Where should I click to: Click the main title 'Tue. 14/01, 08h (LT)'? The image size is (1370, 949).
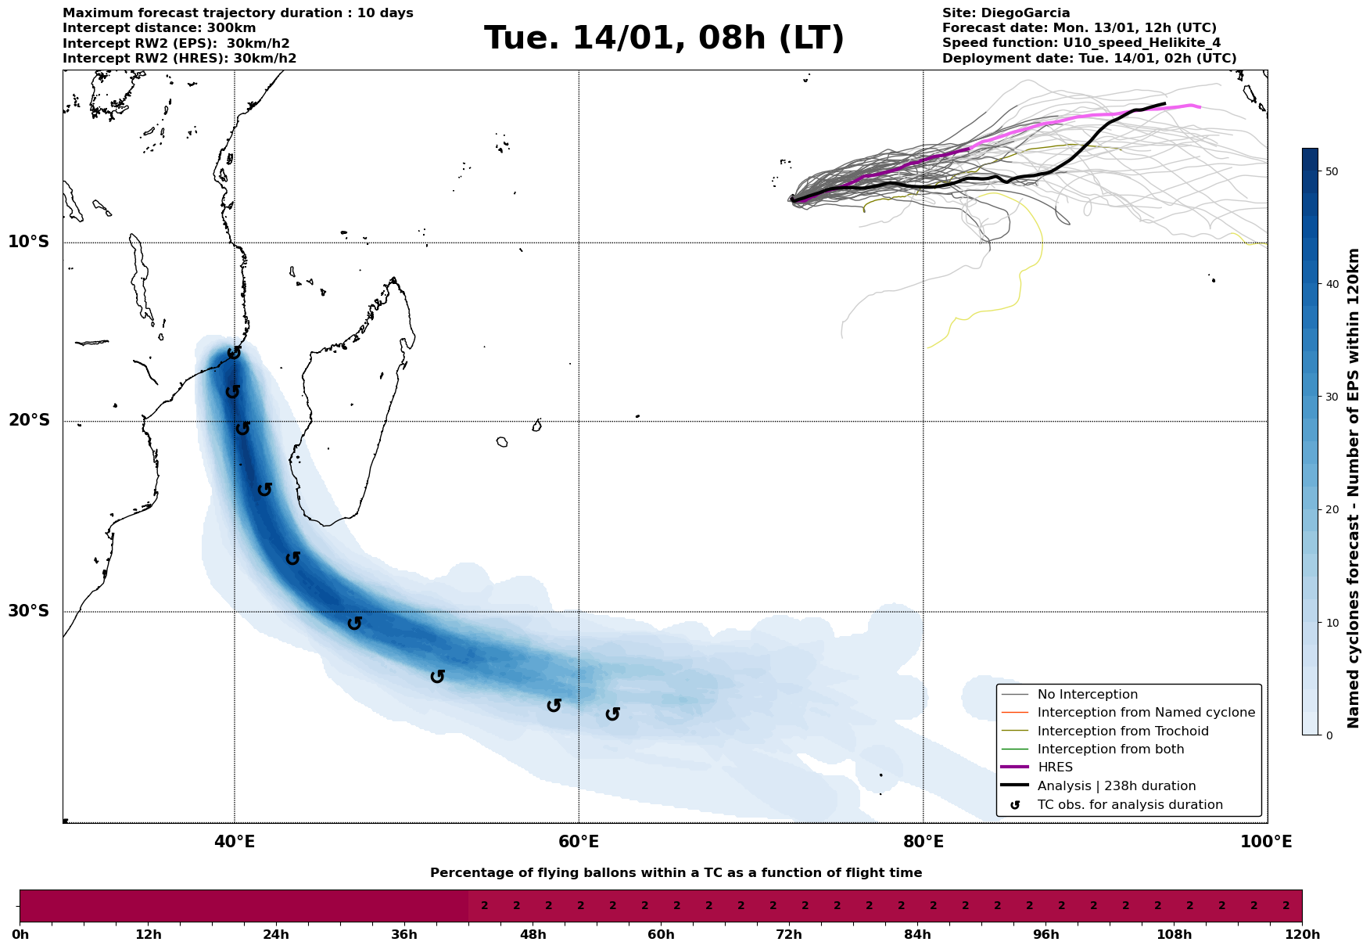coord(664,38)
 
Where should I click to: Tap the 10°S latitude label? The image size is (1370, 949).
coord(29,242)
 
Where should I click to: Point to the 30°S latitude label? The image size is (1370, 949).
coord(29,611)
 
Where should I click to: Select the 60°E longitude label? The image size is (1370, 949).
coord(579,842)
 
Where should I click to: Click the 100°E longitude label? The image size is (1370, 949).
coord(1267,842)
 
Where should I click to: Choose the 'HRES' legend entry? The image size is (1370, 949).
coord(1055,767)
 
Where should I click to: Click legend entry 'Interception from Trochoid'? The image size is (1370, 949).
coord(1123,732)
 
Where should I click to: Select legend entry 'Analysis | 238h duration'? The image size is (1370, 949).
coord(1117,786)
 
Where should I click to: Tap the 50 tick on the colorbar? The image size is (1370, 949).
coord(1331,171)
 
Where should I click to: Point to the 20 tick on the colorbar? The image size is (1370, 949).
coord(1331,510)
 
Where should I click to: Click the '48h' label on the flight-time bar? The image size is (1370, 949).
coord(533,935)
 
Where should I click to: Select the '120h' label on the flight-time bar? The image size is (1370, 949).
coord(1302,935)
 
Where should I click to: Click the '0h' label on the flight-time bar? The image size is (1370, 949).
coord(20,935)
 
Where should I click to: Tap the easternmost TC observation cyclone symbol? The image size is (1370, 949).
coord(613,714)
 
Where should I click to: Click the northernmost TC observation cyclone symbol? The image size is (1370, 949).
coord(234,353)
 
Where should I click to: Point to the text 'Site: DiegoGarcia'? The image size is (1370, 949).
coord(1006,13)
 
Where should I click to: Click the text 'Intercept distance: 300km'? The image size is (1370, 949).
coord(159,28)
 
